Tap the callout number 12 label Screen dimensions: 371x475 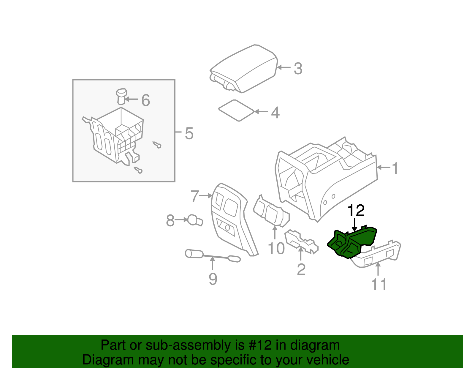pyautogui.click(x=356, y=211)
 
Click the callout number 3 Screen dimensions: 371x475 pyautogui.click(x=298, y=69)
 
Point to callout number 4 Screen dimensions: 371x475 pyautogui.click(x=275, y=113)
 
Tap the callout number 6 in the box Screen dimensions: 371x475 pyautogui.click(x=145, y=100)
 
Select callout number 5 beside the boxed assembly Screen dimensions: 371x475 pyautogui.click(x=189, y=133)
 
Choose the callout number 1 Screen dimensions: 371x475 pyautogui.click(x=395, y=168)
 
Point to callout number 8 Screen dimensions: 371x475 pyautogui.click(x=170, y=221)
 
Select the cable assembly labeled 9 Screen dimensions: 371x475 pyautogui.click(x=212, y=256)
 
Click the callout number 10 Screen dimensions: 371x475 pyautogui.click(x=276, y=248)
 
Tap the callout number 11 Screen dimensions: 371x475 pyautogui.click(x=379, y=285)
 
